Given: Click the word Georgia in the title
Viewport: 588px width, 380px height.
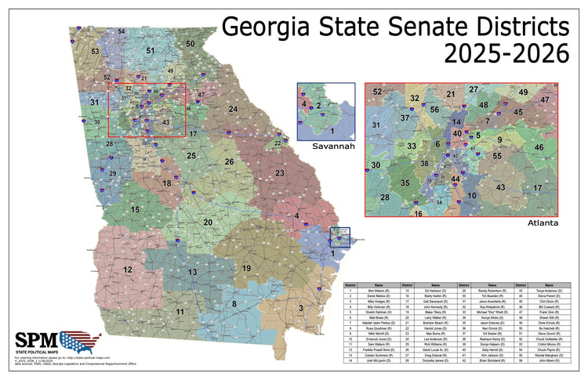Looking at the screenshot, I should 268,28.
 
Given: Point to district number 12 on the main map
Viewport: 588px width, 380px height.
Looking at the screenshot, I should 127,270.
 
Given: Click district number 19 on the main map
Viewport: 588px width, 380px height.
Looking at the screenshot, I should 245,269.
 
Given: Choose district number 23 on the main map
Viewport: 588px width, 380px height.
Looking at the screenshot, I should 278,172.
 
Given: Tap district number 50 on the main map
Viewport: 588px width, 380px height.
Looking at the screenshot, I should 191,44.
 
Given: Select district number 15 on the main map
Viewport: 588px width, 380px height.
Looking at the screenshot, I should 136,210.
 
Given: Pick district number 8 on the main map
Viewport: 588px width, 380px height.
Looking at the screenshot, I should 233,303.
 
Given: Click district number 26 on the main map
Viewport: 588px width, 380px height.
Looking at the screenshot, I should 229,161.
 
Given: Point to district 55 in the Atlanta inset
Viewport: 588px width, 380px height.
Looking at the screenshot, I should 497,157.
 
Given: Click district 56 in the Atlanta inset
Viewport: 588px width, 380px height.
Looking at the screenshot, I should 434,111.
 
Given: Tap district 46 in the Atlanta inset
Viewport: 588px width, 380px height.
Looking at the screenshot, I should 539,147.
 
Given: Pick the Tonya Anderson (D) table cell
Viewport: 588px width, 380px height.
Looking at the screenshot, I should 549,291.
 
